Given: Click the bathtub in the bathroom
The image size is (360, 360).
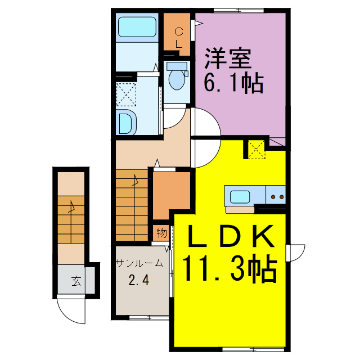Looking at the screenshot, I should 138,27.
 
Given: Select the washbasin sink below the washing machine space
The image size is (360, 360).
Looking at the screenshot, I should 126,122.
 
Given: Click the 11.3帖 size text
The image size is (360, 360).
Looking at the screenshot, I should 229,269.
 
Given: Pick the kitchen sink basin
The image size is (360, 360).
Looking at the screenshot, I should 240,196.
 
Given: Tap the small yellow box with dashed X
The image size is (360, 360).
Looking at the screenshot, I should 256,149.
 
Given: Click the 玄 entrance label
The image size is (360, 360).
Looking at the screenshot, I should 75,281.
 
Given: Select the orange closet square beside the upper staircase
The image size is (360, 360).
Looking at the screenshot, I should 171,193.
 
